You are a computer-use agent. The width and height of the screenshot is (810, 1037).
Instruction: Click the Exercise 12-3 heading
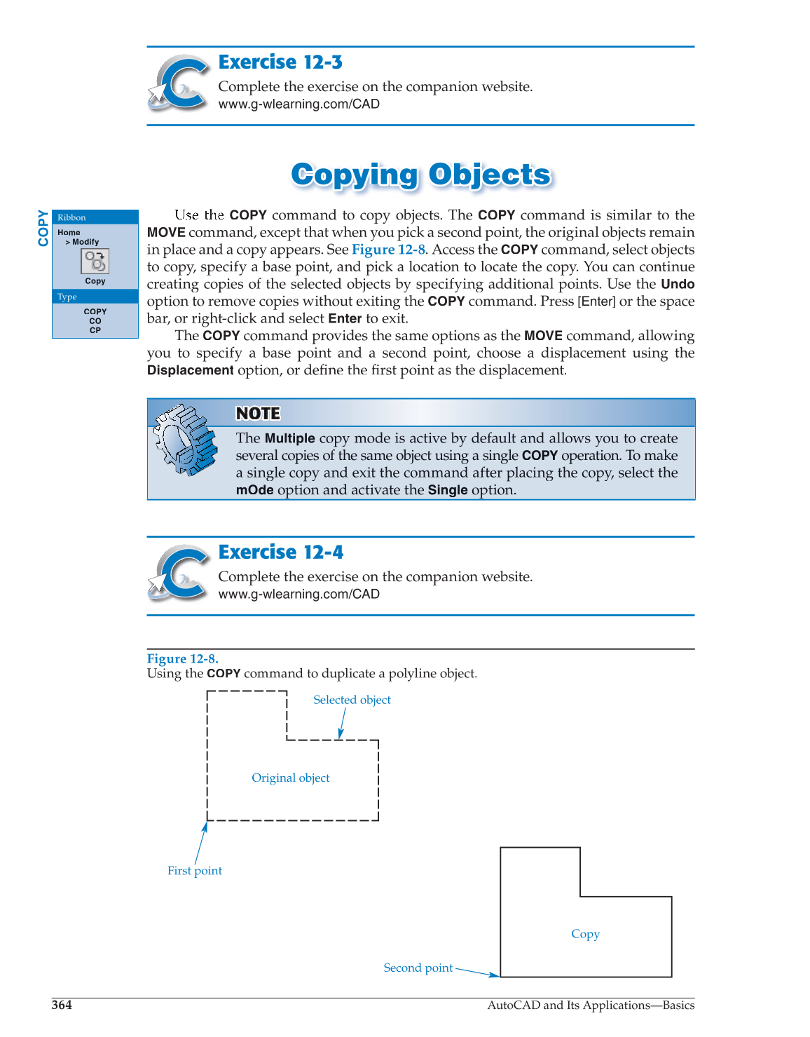(x=280, y=62)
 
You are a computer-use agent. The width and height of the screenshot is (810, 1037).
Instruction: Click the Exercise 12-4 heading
(x=281, y=553)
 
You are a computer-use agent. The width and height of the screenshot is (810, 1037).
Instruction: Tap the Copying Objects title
(x=421, y=175)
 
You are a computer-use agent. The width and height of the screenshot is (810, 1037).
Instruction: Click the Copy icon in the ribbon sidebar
(x=95, y=262)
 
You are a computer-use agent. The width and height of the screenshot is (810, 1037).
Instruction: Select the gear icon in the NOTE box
(x=185, y=440)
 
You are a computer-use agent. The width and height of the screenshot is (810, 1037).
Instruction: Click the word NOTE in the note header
(x=258, y=414)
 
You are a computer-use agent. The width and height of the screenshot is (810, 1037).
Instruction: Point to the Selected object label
(x=352, y=700)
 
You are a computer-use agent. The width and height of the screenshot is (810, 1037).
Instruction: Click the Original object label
(x=290, y=778)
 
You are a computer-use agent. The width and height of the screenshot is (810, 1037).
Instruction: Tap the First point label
(x=195, y=871)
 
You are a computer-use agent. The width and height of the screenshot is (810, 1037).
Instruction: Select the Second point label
(x=418, y=968)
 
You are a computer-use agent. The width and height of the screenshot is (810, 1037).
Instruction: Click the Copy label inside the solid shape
(x=585, y=934)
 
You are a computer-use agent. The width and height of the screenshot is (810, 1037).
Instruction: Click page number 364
(x=62, y=1005)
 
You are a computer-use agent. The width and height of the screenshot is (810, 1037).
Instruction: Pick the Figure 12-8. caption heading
(x=182, y=658)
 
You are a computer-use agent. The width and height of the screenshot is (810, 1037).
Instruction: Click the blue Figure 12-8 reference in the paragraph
(x=388, y=250)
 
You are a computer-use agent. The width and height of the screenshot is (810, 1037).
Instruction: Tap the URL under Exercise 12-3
(x=298, y=104)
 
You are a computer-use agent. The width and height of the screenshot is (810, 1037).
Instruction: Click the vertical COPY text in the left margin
(x=43, y=228)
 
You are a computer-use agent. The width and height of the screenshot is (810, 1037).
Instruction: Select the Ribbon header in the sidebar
(x=71, y=217)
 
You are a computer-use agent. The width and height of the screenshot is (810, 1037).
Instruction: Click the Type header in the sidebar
(x=67, y=297)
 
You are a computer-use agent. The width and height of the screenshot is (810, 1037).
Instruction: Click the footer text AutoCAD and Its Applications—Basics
(x=591, y=1005)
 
